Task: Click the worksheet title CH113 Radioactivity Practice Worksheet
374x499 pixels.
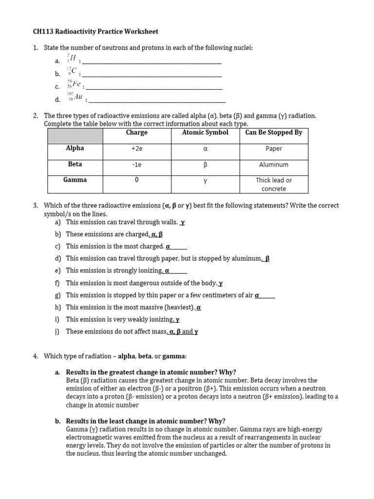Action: point(95,32)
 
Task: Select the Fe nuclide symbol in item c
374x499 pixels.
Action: point(74,85)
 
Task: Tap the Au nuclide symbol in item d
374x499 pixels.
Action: point(75,97)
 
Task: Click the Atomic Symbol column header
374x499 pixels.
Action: point(205,133)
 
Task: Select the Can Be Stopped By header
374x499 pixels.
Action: point(274,133)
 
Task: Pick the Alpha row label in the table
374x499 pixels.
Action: point(75,148)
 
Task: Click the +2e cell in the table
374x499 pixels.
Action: point(136,149)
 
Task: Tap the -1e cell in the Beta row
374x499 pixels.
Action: point(136,165)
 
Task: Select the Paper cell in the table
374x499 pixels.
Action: point(274,149)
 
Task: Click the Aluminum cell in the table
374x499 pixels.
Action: point(274,165)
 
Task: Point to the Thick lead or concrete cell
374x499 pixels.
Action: point(274,184)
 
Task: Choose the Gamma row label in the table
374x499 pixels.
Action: point(75,180)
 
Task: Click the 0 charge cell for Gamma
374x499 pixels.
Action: point(136,180)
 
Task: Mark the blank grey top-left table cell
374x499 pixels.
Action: point(75,136)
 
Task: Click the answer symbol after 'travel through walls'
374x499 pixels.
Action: point(183,223)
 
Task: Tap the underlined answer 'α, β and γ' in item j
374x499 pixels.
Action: point(183,332)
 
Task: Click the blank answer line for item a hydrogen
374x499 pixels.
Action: point(151,61)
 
